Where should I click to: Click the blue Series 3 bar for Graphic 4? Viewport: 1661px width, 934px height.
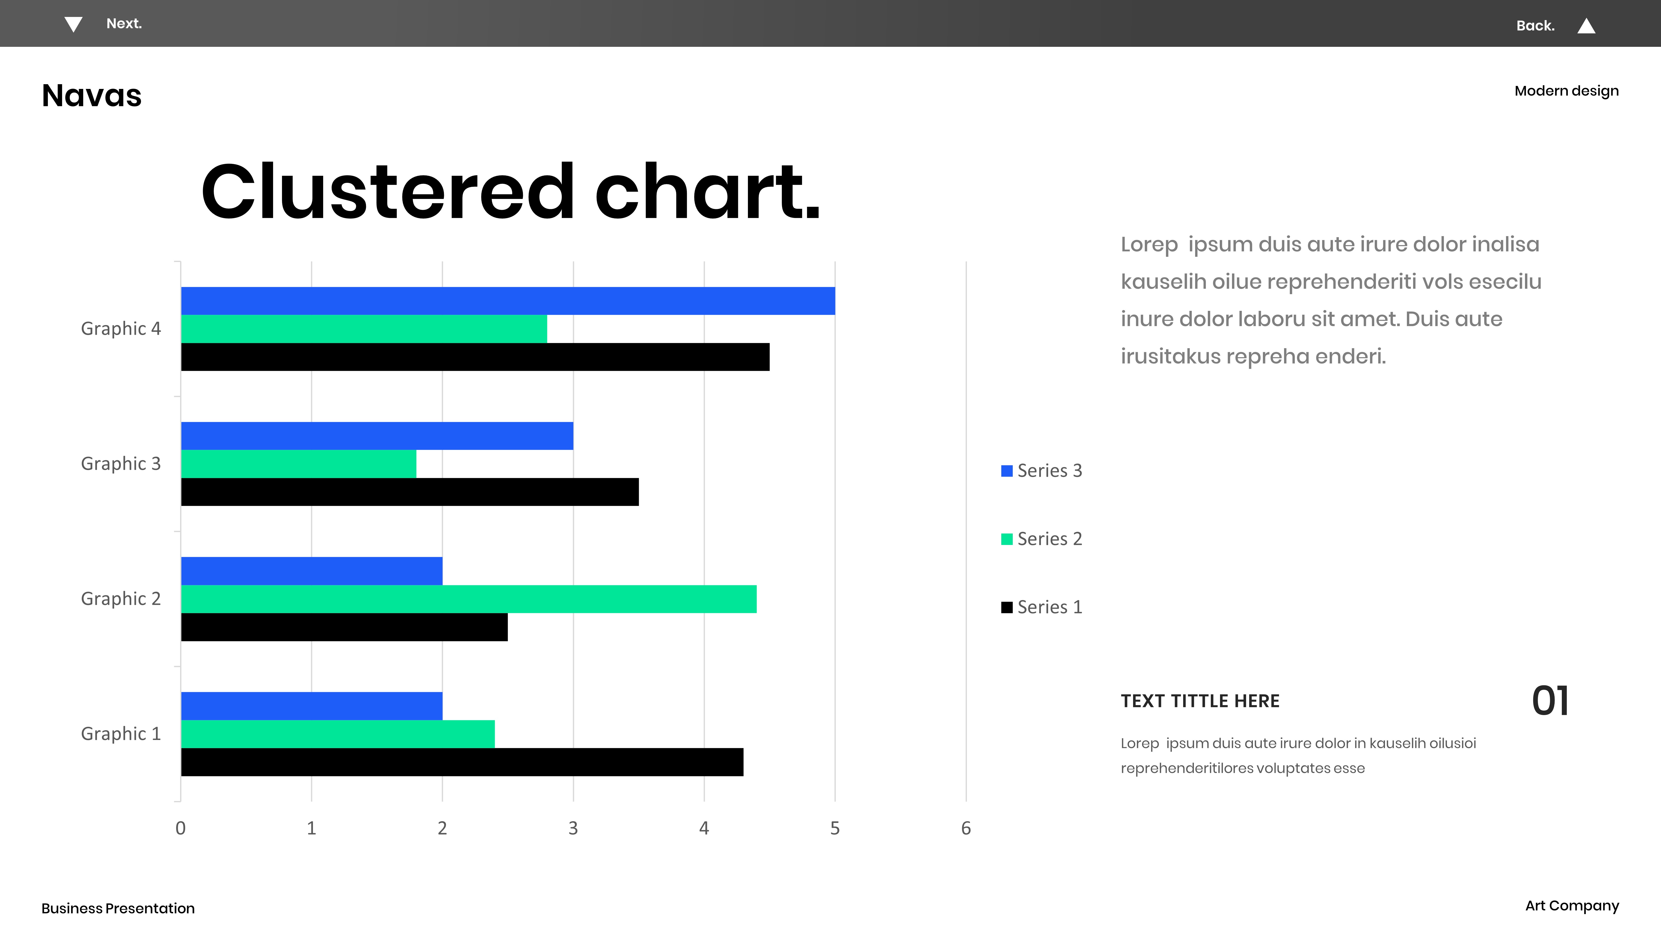[508, 301]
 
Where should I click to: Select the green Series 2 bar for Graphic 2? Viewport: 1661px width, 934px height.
[469, 599]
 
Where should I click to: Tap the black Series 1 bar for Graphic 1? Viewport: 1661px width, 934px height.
[462, 762]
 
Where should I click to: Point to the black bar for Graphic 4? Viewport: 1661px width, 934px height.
[475, 357]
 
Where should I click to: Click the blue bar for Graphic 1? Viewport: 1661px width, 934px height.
[311, 706]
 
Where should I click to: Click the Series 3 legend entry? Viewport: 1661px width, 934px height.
[1041, 470]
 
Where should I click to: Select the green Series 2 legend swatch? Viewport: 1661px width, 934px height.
[1007, 539]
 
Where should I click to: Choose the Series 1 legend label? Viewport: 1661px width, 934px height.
[1050, 607]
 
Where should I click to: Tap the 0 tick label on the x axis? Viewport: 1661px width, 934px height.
[181, 828]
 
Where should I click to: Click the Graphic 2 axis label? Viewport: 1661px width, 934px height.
[121, 599]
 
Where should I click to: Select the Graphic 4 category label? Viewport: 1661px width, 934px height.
[121, 329]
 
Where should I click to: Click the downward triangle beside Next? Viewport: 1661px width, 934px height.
[73, 24]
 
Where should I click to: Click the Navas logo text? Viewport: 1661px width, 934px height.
[92, 95]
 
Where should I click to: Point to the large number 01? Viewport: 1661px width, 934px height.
[1550, 701]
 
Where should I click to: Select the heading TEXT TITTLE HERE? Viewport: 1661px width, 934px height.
[1200, 701]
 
